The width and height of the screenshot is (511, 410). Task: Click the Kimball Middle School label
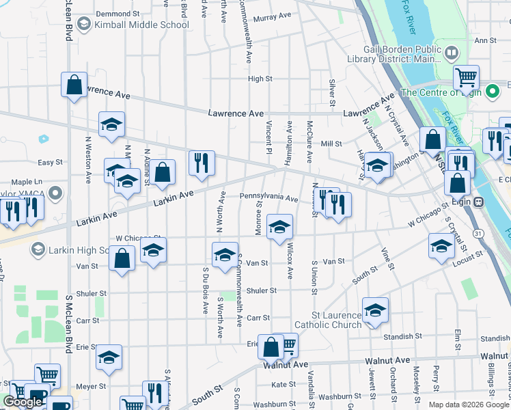(x=142, y=25)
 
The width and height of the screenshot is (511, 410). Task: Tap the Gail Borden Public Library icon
(x=452, y=52)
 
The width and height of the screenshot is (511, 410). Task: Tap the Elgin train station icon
(x=480, y=202)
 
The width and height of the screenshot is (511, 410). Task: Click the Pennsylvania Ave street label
(x=268, y=198)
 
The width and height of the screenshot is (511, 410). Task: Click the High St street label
(x=260, y=79)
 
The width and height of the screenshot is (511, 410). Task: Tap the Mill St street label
(x=331, y=143)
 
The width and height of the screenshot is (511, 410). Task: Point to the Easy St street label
(x=50, y=163)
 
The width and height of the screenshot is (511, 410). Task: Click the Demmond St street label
(x=118, y=14)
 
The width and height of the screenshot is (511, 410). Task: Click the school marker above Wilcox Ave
(x=279, y=226)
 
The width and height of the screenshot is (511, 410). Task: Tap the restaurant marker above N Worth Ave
(x=202, y=163)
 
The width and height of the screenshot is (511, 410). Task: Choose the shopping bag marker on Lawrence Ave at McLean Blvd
(x=74, y=85)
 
